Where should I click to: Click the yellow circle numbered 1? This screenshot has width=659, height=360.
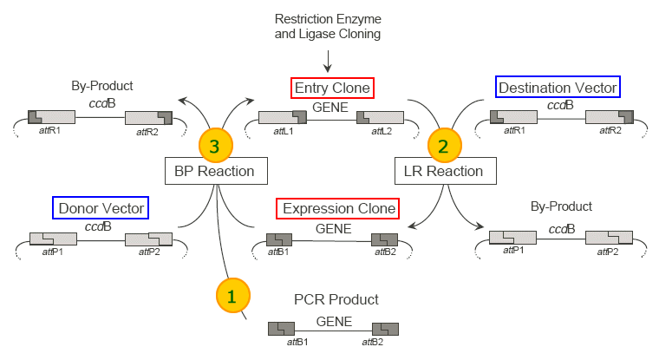[232, 296]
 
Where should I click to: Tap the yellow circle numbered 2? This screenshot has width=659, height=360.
[443, 146]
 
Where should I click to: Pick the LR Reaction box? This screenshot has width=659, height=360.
[444, 171]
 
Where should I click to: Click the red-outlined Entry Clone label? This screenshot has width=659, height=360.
[332, 88]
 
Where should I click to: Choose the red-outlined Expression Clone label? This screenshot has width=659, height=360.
[337, 209]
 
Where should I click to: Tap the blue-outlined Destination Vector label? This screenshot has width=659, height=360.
[558, 88]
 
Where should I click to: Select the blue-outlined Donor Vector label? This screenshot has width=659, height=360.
[100, 208]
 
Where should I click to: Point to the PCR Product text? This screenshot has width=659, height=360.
[336, 300]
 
